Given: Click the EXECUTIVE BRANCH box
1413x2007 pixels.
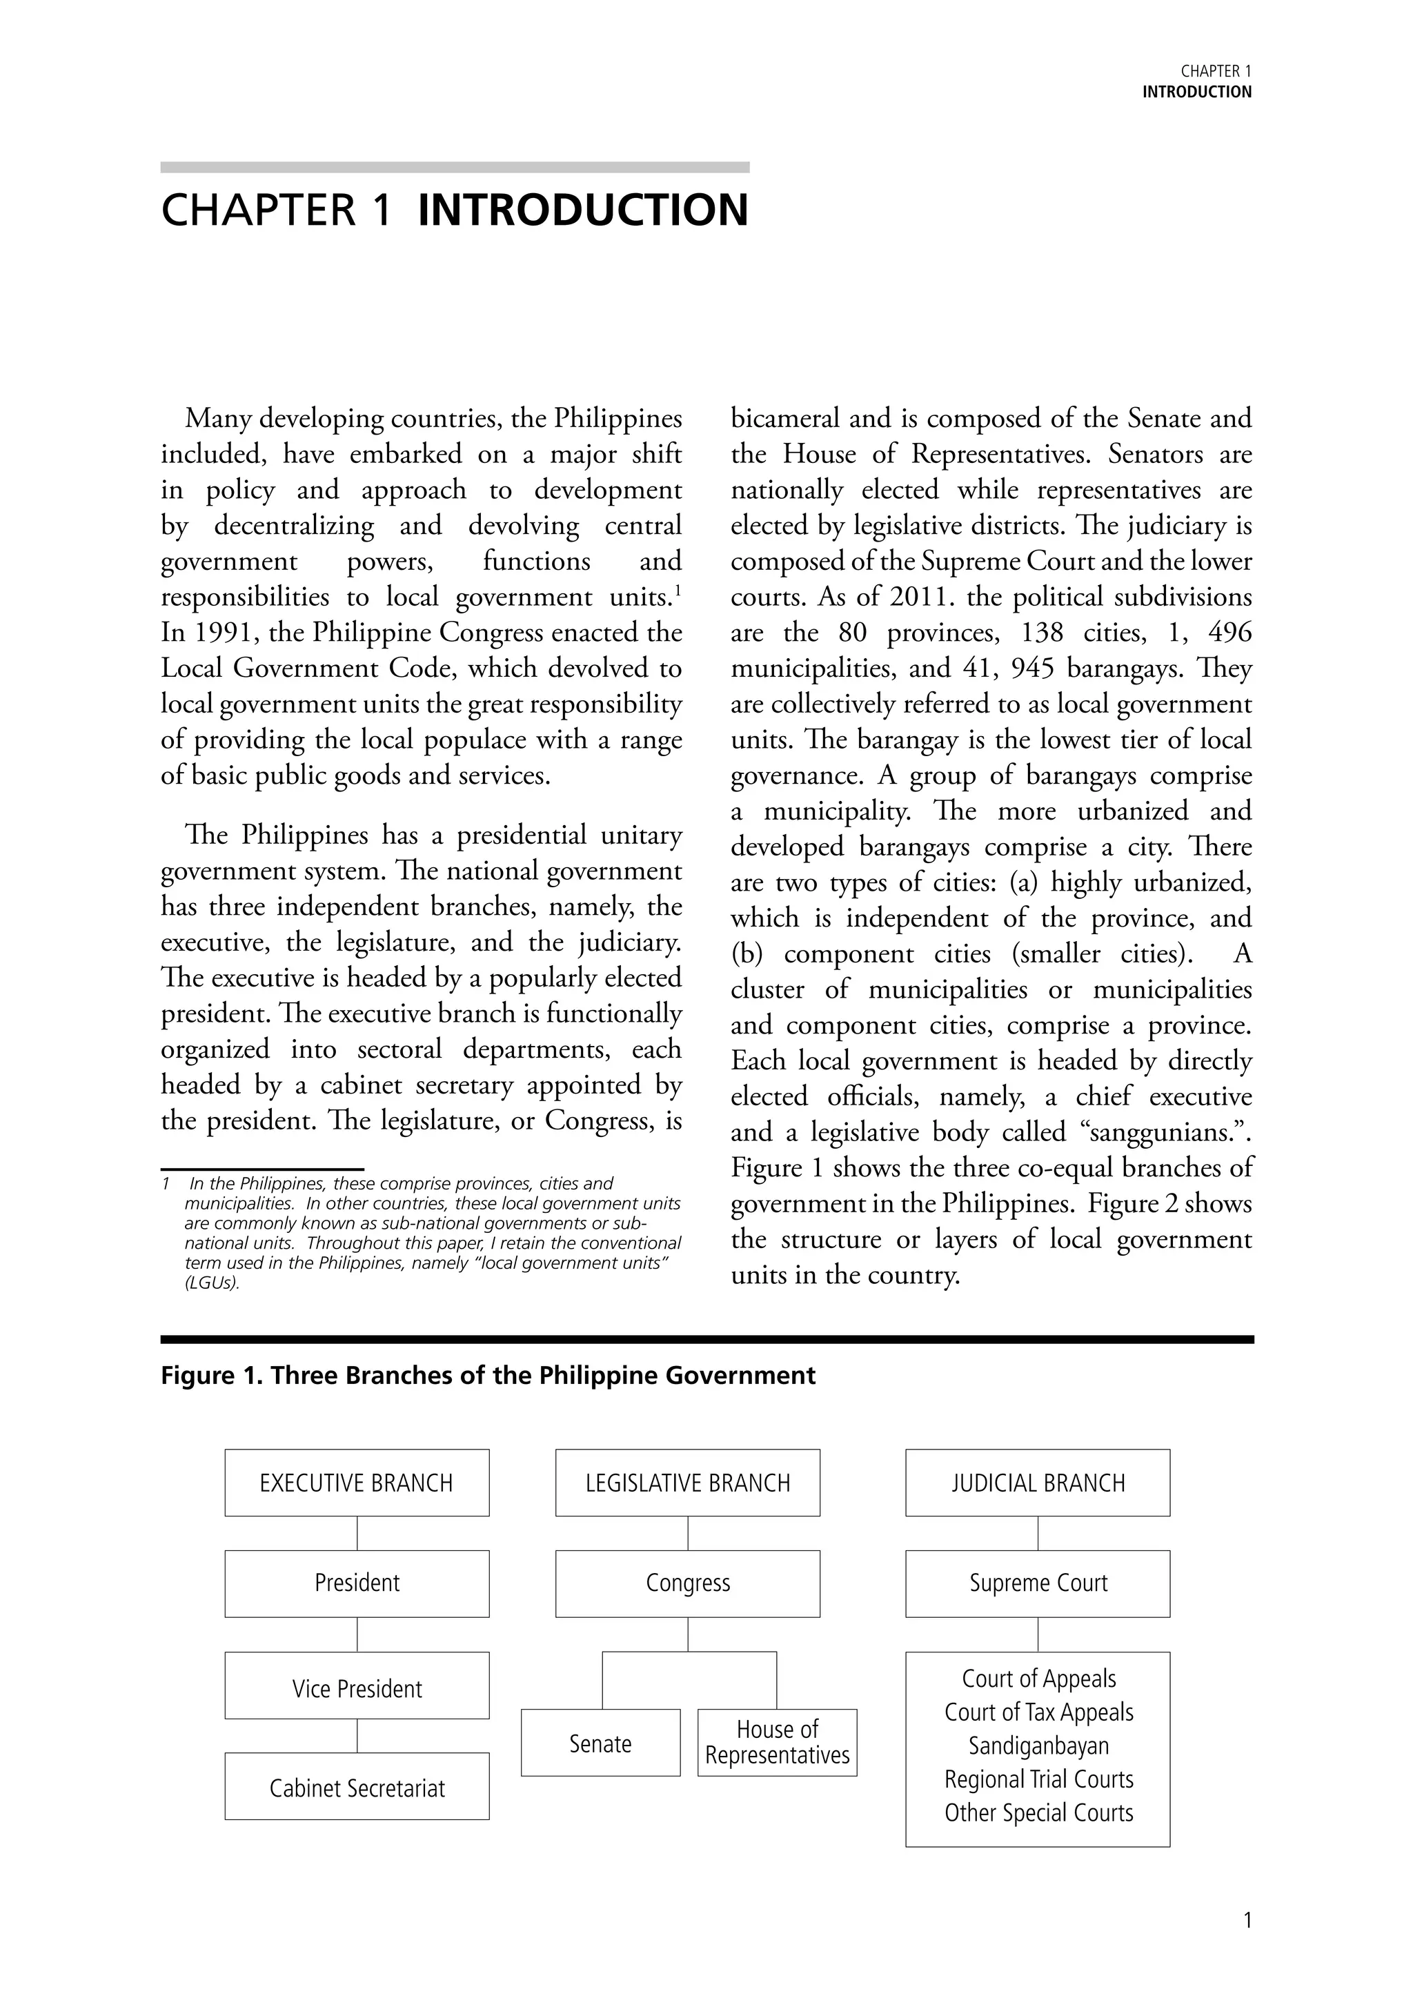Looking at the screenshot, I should click(357, 1483).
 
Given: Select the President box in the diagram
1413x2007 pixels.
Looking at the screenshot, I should click(357, 1583).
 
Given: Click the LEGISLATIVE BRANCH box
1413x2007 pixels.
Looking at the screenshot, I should click(687, 1483).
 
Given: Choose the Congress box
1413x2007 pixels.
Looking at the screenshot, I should click(687, 1583).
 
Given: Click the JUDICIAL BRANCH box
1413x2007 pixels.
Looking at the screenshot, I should click(1038, 1483).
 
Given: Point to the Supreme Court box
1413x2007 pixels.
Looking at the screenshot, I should click(1038, 1583).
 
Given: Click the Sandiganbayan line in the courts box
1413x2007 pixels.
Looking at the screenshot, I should click(1038, 1746).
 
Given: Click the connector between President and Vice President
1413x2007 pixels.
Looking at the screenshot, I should click(357, 1634).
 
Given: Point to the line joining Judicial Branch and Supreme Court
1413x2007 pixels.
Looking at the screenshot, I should click(1038, 1533).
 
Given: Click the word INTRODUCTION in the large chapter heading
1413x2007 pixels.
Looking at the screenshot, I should click(583, 210).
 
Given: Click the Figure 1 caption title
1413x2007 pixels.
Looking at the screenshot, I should click(488, 1376).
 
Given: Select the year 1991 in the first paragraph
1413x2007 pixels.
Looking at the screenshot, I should click(208, 632).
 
